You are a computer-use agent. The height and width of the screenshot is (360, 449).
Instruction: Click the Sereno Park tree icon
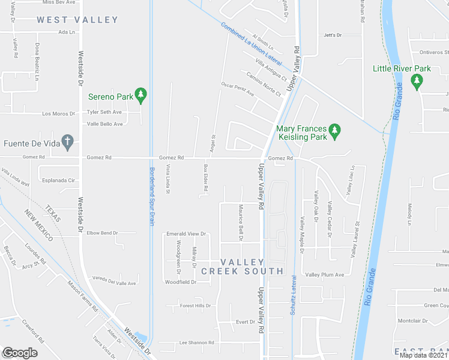coord(141,94)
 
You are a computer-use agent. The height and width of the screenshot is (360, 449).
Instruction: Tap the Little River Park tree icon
coord(417,80)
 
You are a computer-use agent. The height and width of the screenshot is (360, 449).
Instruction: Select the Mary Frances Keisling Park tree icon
coord(335,129)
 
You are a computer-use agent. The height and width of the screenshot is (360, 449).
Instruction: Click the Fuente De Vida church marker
coord(68,142)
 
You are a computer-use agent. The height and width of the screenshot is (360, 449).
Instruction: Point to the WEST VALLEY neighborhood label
coord(77,20)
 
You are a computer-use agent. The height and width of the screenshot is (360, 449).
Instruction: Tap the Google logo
coord(20,353)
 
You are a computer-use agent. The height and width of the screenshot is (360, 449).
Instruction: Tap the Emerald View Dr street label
coord(186,233)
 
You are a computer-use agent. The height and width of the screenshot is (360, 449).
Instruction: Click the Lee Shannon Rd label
coord(197,343)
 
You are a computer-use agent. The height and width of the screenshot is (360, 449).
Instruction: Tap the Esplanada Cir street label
coord(58,179)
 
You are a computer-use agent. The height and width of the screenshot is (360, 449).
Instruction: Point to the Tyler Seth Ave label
coord(104,112)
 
